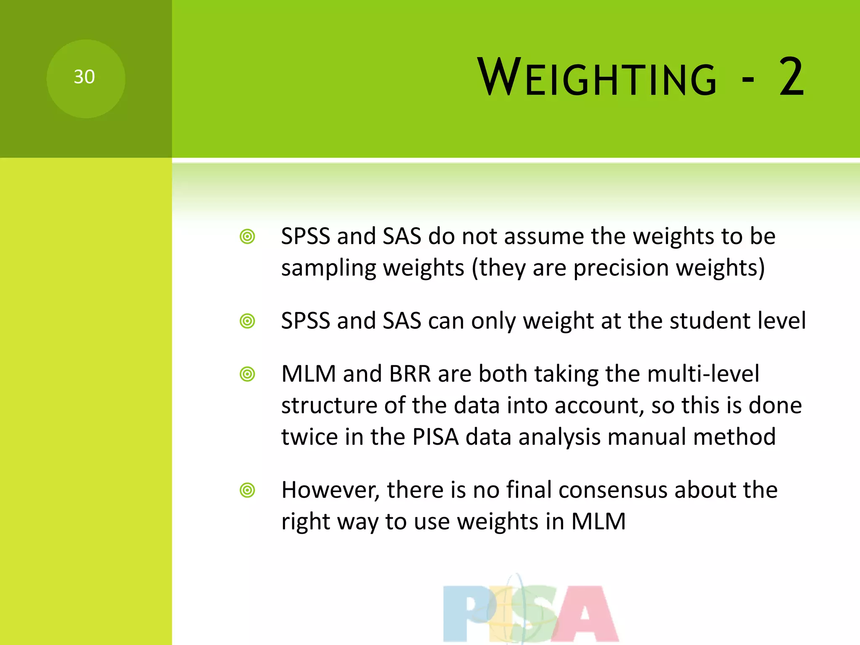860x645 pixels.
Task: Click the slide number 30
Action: (84, 77)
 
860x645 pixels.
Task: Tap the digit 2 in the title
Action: (791, 77)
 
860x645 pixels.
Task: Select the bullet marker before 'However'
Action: (247, 490)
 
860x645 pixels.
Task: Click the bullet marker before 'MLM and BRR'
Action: (247, 374)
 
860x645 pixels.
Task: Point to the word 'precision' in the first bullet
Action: (621, 268)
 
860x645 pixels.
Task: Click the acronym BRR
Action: (409, 374)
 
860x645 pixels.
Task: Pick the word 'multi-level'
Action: (703, 374)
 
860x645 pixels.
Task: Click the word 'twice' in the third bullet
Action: (309, 437)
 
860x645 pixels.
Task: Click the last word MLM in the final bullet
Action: (598, 522)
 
